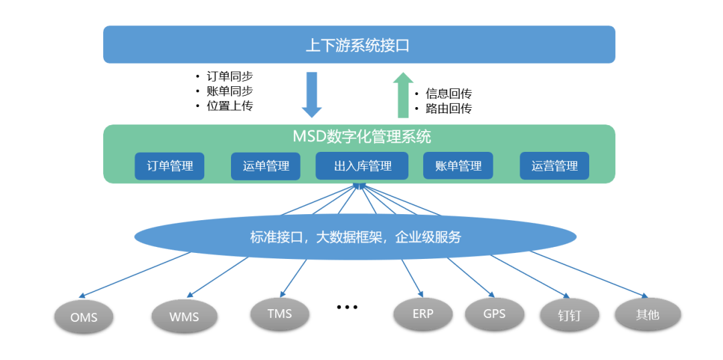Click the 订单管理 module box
pos(169,166)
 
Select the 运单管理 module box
pos(266,166)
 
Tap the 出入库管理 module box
pos(362,166)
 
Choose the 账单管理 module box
pos(458,166)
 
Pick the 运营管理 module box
pos(554,166)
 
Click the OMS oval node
pos(84,317)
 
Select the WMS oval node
pos(184,317)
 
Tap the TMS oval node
pos(279,314)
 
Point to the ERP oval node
pos(423,314)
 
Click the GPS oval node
pos(494,314)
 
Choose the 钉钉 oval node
pos(570,317)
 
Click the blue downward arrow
pos(312,95)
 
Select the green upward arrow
pos(404,95)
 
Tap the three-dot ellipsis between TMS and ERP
pos(347,306)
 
